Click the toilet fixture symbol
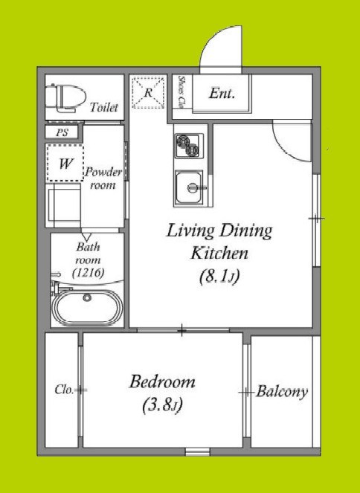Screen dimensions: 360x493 tap(65, 98)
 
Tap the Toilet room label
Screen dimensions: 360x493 tap(103, 108)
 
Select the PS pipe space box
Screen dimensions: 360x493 tap(62, 132)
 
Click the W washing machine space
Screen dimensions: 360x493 tap(65, 163)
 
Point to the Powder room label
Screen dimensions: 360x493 tap(103, 178)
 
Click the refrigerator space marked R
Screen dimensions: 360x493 tap(148, 92)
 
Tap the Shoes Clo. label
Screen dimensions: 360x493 tap(181, 91)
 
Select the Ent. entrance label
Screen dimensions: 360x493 tap(222, 94)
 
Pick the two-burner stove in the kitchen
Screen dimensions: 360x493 tap(189, 146)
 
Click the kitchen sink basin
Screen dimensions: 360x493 tap(189, 187)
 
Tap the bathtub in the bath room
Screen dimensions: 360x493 tap(88, 306)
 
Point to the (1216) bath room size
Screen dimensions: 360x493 tap(88, 273)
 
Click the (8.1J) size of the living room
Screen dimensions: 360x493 tap(219, 277)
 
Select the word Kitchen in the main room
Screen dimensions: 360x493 tap(219, 253)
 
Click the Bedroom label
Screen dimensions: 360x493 tap(162, 381)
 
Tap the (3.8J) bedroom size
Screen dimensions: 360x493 tap(162, 405)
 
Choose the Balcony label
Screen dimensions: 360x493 tap(282, 392)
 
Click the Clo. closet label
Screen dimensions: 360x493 tap(64, 390)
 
